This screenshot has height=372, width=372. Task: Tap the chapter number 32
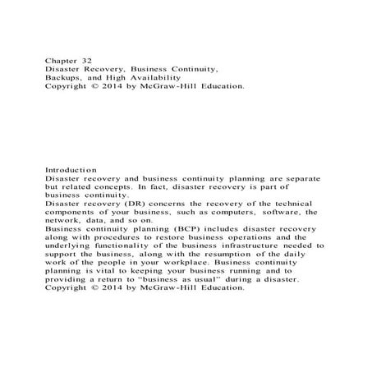[91, 60]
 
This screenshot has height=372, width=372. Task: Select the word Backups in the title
[63, 80]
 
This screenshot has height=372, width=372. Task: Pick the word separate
[301, 178]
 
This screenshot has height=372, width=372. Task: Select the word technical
[297, 207]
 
